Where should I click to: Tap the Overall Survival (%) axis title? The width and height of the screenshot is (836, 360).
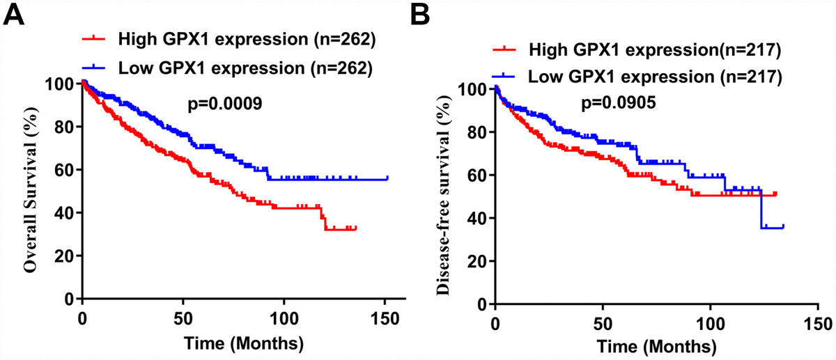[30, 191]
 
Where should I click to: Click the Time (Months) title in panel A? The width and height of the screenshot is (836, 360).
[238, 343]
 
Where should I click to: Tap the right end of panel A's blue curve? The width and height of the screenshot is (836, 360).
[387, 178]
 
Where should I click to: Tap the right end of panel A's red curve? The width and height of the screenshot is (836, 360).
[356, 228]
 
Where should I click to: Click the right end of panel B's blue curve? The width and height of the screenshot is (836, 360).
[784, 226]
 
